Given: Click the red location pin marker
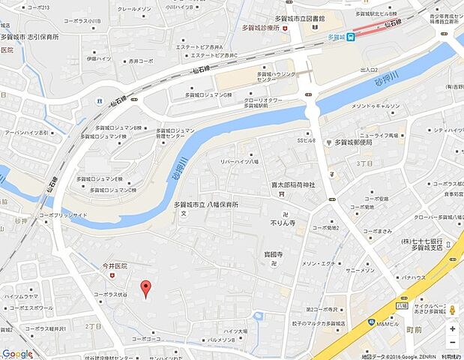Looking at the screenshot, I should coord(146,287).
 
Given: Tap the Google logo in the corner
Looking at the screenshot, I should coord(17,353).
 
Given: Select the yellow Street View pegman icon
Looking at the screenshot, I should coord(452,310).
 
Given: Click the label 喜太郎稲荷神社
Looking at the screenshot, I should coord(294,184).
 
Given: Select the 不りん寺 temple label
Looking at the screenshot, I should coord(283,223).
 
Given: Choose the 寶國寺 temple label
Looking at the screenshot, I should coord(272,255).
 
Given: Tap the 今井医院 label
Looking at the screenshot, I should coord(115,265).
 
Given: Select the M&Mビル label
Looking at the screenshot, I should coord(387,324).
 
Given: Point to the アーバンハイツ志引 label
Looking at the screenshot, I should coord(27,133).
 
